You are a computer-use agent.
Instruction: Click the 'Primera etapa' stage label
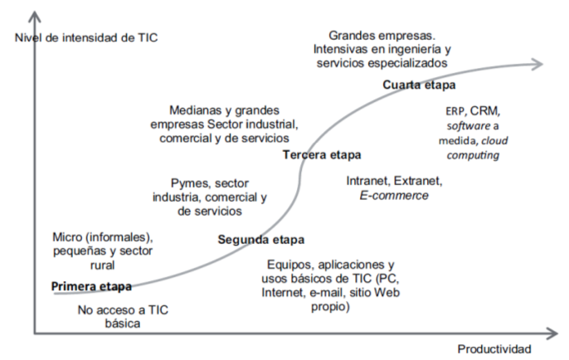pyautogui.click(x=91, y=286)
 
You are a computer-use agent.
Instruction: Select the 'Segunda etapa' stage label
pyautogui.click(x=260, y=240)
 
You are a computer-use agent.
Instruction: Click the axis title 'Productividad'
pyautogui.click(x=495, y=348)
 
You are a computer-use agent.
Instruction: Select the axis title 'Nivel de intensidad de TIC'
pyautogui.click(x=85, y=37)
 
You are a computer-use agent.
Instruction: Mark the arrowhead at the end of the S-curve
pyautogui.click(x=538, y=63)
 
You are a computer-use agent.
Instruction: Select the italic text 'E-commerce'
pyautogui.click(x=394, y=195)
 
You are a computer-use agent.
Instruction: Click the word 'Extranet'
pyautogui.click(x=419, y=180)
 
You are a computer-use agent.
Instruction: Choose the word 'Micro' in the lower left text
pyautogui.click(x=68, y=236)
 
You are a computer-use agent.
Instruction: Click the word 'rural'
pyautogui.click(x=99, y=265)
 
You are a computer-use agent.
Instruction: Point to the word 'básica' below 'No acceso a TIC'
pyautogui.click(x=123, y=324)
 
